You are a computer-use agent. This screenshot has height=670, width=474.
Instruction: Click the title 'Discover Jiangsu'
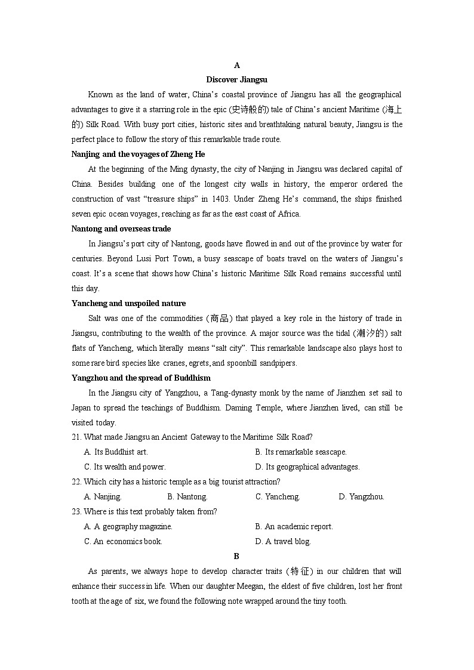click(x=236, y=79)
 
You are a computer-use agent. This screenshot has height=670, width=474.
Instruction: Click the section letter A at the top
click(x=236, y=65)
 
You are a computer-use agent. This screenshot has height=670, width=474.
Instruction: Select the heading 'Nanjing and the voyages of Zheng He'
click(x=138, y=154)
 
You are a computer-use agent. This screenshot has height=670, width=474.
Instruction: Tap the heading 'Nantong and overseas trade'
click(x=121, y=229)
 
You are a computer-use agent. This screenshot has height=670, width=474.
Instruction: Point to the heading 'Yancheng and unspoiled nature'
click(x=128, y=303)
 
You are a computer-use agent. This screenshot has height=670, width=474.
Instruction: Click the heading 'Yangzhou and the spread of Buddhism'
click(x=141, y=378)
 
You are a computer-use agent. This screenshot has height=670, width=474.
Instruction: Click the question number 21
click(x=76, y=437)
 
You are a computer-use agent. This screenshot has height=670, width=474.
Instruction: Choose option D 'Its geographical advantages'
click(x=307, y=467)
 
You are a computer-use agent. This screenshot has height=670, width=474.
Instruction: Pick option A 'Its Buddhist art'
click(x=116, y=452)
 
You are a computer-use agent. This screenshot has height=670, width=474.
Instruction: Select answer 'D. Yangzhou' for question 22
click(x=361, y=497)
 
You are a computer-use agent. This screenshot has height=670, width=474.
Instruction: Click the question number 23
click(x=76, y=512)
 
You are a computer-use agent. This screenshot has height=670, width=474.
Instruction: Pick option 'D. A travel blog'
click(x=283, y=542)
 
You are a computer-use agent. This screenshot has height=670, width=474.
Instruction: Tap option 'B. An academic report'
click(x=294, y=527)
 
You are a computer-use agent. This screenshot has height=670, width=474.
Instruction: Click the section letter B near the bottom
click(x=236, y=556)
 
